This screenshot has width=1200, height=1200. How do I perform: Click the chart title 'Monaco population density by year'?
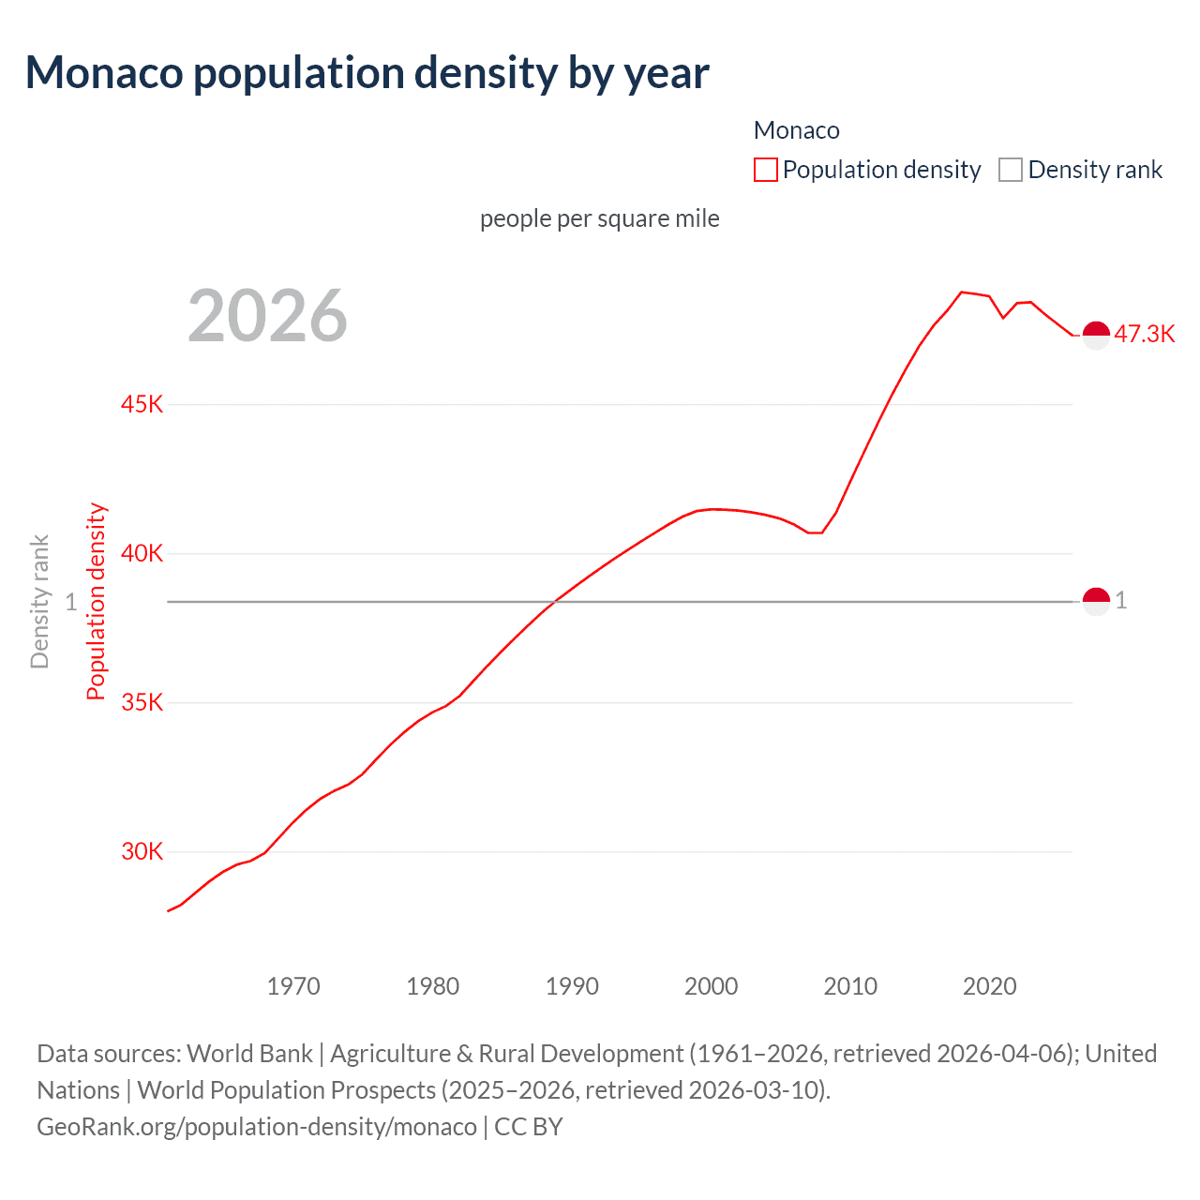click(x=367, y=73)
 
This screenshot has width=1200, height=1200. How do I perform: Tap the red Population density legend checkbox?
click(x=766, y=170)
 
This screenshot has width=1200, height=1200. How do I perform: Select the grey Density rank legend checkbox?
click(x=1010, y=170)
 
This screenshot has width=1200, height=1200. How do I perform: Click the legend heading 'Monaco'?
click(x=796, y=130)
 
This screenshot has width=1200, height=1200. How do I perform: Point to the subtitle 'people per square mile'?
click(x=599, y=218)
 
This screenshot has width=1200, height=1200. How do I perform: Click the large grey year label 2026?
click(x=267, y=316)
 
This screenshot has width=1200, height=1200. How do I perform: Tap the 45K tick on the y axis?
click(x=142, y=404)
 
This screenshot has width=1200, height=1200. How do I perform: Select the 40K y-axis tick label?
click(x=142, y=553)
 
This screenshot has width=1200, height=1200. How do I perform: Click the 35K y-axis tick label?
click(x=142, y=702)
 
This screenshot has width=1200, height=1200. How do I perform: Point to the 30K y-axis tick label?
click(x=142, y=851)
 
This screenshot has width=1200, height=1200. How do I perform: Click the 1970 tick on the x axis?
click(x=293, y=986)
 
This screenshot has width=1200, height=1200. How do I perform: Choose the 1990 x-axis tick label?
click(x=572, y=986)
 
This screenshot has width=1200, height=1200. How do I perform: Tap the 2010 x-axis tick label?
click(x=850, y=986)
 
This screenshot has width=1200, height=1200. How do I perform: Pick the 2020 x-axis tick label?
click(x=990, y=986)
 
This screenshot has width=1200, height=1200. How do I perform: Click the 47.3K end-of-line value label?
click(x=1144, y=335)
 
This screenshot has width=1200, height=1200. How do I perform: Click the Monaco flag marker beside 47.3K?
click(x=1096, y=334)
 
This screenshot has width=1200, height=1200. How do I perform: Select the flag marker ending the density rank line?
click(x=1096, y=601)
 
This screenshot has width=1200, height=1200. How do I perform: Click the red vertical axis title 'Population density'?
click(x=96, y=602)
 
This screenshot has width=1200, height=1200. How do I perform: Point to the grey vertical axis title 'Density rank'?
click(x=39, y=602)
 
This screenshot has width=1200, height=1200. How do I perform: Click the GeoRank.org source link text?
click(x=256, y=1126)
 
